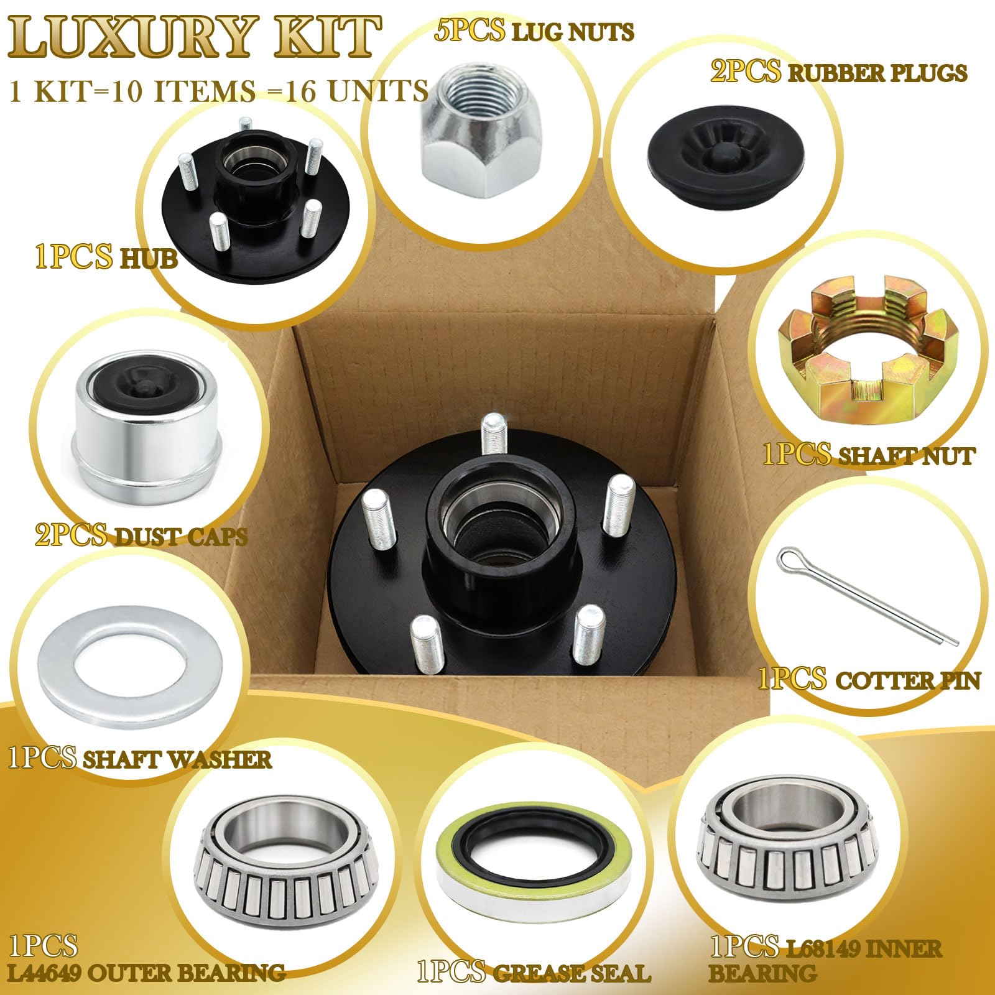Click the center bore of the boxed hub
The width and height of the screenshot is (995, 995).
497,529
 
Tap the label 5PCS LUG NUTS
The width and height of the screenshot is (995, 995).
534,31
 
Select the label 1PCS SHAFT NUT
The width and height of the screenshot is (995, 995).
868,456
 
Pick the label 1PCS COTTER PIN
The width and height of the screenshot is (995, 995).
868,679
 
